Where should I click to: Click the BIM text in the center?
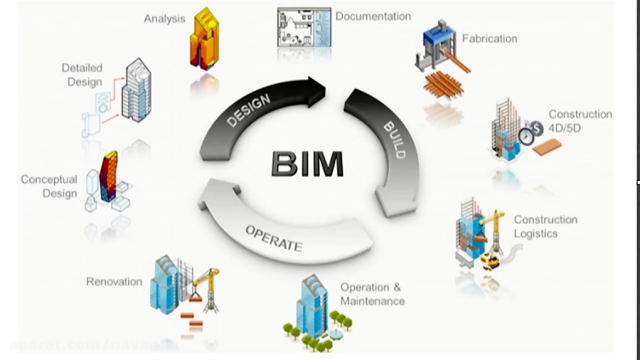coord(307,163)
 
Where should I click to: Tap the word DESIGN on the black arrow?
coord(248,110)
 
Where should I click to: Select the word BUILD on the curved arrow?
coord(394,139)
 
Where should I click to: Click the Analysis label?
coord(164,18)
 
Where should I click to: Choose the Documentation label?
coord(373,16)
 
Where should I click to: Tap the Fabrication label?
coord(489,38)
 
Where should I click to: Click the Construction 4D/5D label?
coord(580,120)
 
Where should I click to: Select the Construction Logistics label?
coord(545,226)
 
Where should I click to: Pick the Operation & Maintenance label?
coord(372,294)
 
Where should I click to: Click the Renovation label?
coord(114,282)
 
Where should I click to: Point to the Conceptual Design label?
coord(48,186)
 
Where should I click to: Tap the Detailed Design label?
coord(82,75)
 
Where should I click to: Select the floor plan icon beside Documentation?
coord(304,26)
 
